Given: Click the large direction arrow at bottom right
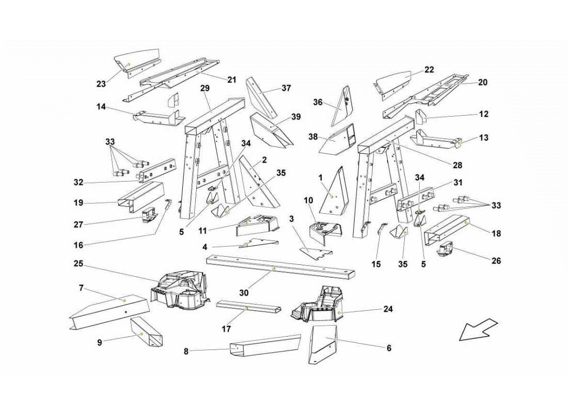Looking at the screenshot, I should [478, 329].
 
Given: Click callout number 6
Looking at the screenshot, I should [389, 348].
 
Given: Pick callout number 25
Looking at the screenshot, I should [78, 263].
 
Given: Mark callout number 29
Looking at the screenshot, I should [205, 88].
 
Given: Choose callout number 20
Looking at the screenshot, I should [483, 82].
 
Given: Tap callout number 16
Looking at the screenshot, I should [78, 245].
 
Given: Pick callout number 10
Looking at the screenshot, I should [308, 200].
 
